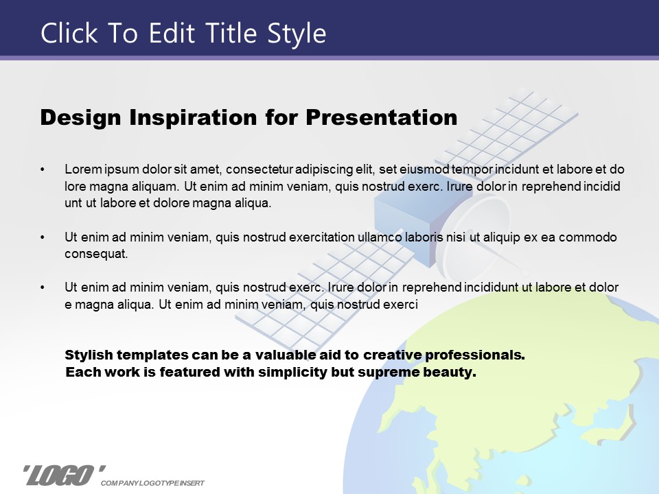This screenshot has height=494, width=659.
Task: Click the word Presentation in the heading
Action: click(x=381, y=117)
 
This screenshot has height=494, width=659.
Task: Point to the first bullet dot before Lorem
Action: click(x=43, y=169)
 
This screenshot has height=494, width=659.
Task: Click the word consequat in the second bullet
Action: click(x=96, y=254)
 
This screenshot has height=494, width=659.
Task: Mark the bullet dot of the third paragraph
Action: click(x=43, y=287)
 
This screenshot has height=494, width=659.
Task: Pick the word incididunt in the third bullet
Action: click(x=491, y=287)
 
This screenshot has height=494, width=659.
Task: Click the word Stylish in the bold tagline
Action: click(x=89, y=355)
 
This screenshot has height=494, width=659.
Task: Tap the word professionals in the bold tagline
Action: click(x=475, y=355)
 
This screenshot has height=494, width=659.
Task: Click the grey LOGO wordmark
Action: click(x=65, y=475)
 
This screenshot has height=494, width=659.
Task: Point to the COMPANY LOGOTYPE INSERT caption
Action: click(x=152, y=483)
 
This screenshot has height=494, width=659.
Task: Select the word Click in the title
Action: click(x=69, y=33)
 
